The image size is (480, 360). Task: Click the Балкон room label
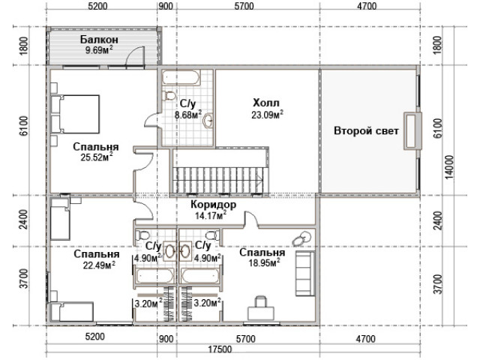99,40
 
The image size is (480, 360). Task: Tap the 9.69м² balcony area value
99,50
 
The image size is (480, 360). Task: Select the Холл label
266,103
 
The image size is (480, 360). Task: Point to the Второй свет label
366,131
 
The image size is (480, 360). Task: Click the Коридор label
213,205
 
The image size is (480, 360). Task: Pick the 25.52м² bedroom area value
97,157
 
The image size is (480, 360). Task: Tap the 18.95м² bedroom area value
265,262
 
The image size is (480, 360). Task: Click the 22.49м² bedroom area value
99,265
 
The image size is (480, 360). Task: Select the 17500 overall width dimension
220,349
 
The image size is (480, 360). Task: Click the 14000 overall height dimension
449,167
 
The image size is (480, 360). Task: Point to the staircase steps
218,180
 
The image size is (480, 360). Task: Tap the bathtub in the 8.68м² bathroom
181,78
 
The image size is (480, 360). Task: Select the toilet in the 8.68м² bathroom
169,95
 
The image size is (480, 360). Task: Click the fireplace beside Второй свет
412,131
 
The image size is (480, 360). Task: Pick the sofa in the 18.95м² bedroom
305,273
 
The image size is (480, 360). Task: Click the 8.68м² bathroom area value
188,115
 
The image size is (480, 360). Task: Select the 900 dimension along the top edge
166,6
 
